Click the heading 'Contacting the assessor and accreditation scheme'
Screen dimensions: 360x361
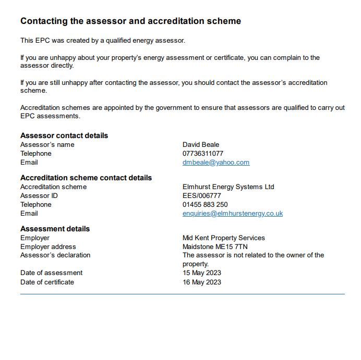pos(130,21)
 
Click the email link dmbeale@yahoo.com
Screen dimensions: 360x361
pos(216,163)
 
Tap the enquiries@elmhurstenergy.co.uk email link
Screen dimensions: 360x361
pos(233,214)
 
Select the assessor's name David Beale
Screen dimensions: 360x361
pos(201,145)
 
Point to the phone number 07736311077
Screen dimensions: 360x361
pos(203,154)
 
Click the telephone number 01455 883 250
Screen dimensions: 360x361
pos(205,205)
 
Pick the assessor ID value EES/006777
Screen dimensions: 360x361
pos(202,196)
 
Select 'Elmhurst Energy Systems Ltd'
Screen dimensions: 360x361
pos(228,187)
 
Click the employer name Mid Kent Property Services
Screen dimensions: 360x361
pos(224,238)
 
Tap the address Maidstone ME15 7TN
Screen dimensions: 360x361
pos(215,247)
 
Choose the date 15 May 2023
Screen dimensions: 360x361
pos(202,273)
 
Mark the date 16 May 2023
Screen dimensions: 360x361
pos(202,282)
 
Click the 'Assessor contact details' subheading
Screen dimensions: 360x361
pos(64,135)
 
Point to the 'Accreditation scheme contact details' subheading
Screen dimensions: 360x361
pos(86,178)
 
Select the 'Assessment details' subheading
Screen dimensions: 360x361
pos(55,229)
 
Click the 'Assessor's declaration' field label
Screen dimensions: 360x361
pos(55,255)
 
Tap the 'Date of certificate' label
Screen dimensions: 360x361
pos(47,282)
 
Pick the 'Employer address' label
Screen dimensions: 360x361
pos(48,247)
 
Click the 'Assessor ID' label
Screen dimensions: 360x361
pos(39,196)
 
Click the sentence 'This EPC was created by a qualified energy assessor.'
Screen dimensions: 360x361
pos(103,41)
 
